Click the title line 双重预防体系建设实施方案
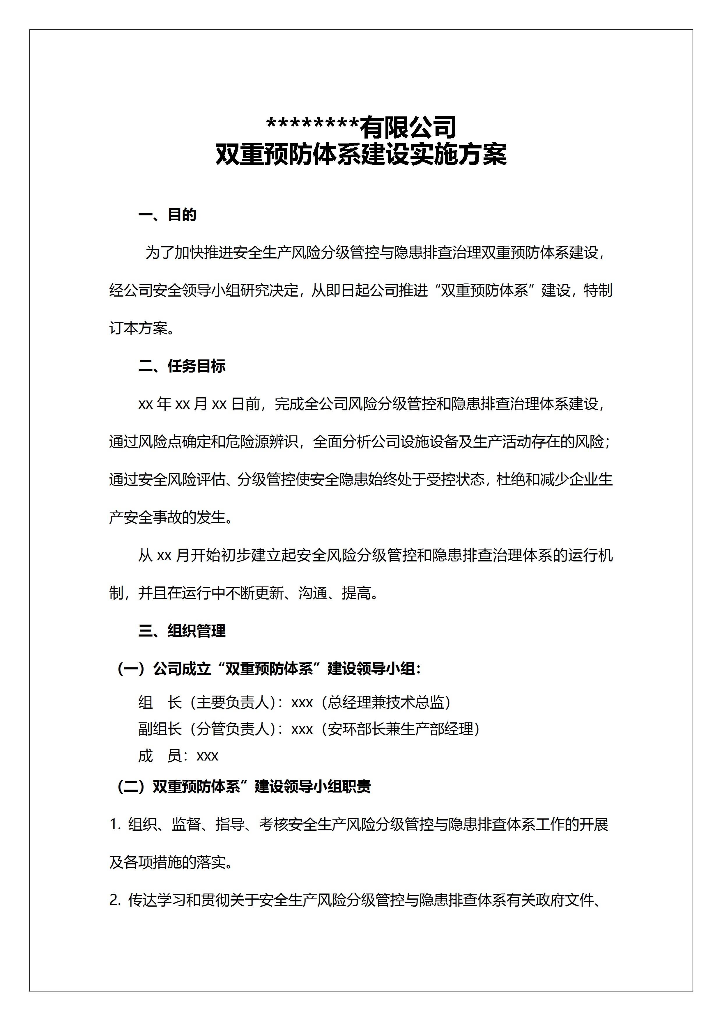tap(361, 155)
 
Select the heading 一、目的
tap(167, 215)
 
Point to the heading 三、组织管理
tap(182, 631)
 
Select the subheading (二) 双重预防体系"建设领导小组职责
tap(243, 787)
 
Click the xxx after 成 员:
tap(207, 756)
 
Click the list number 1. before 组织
tap(115, 825)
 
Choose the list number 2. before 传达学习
tap(115, 901)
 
